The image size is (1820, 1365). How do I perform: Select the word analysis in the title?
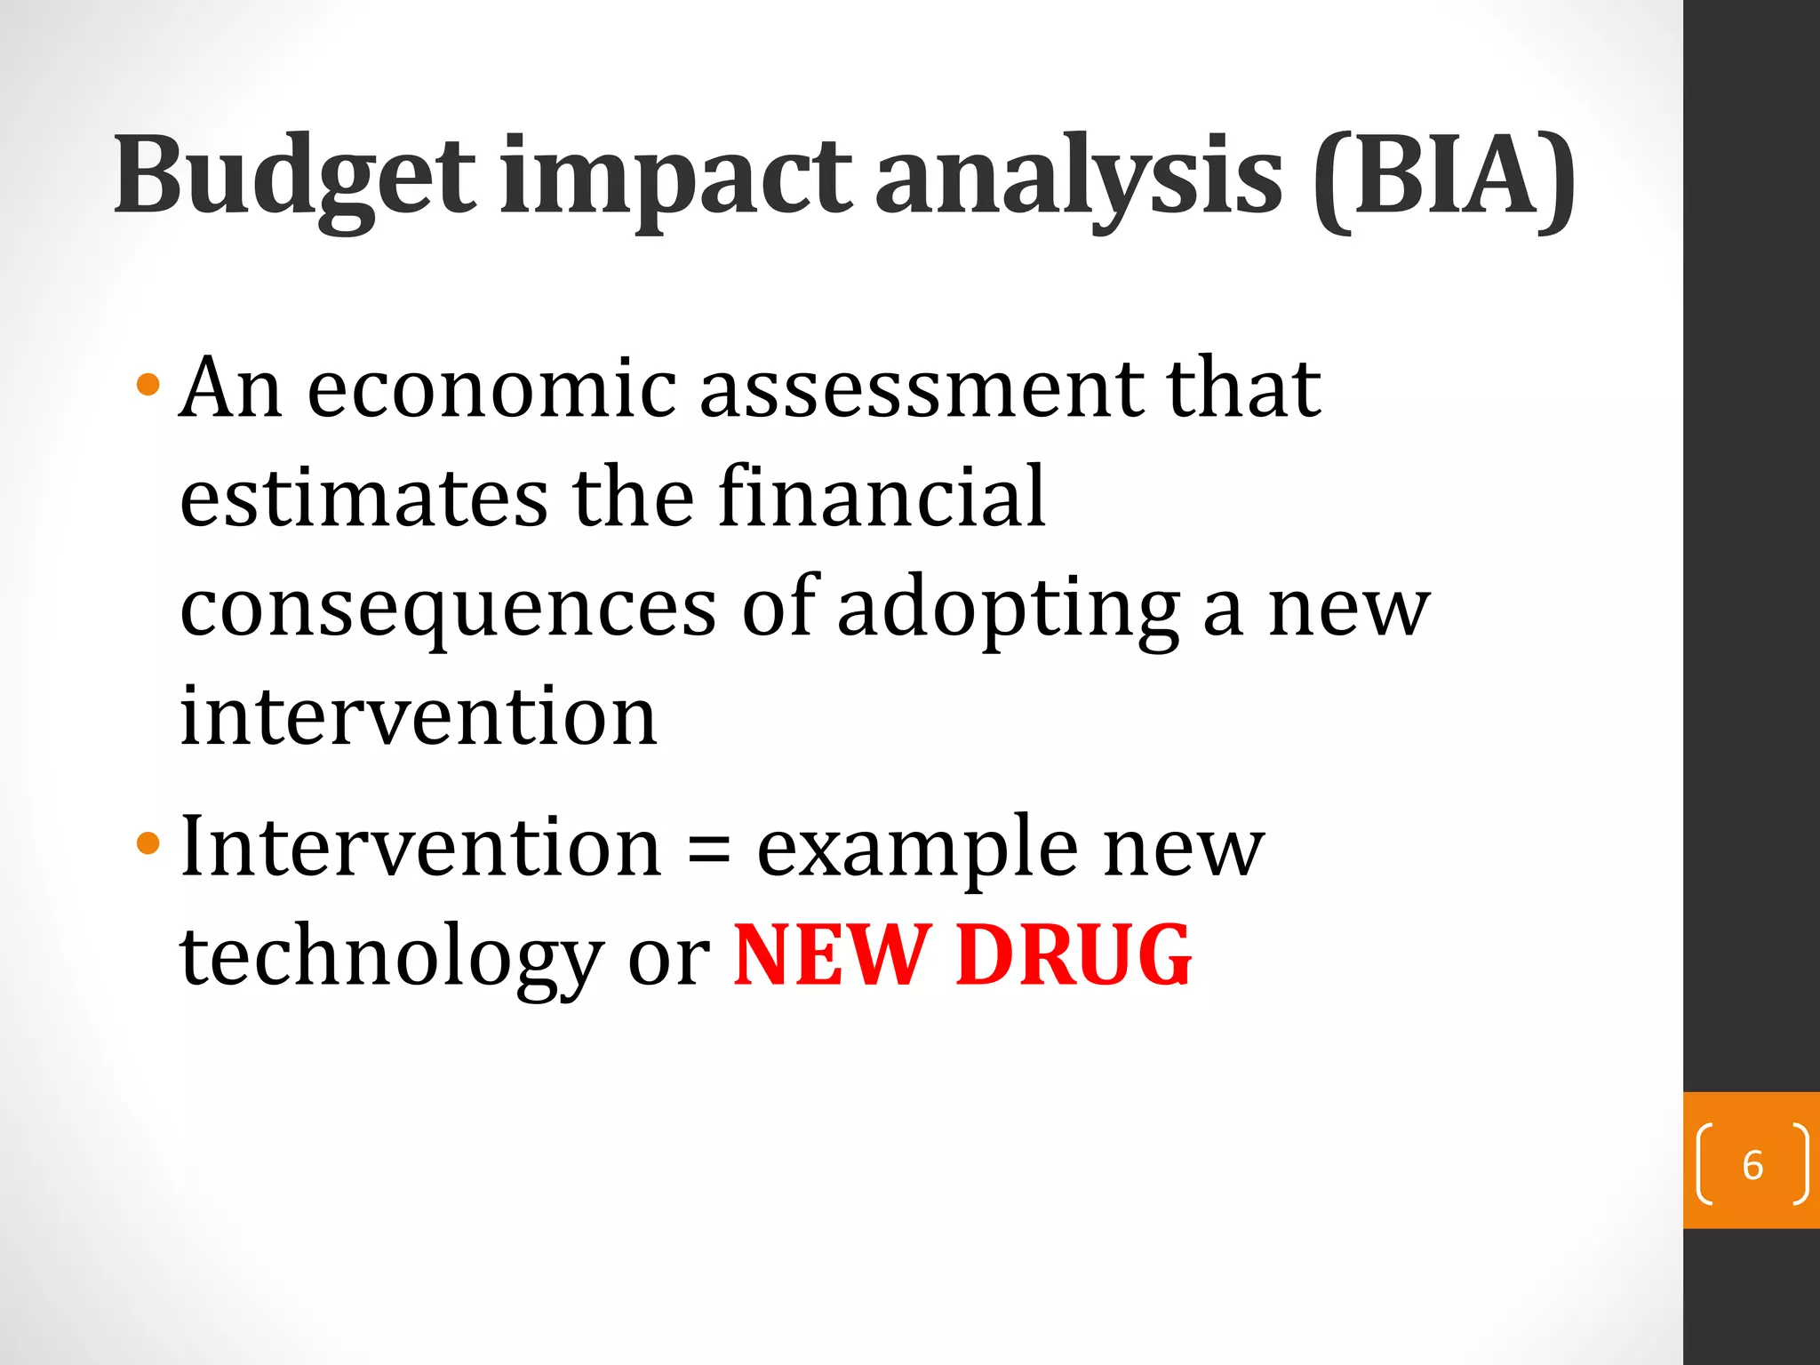click(1079, 178)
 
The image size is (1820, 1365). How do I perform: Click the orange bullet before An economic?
click(148, 386)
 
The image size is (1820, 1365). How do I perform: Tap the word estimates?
click(363, 498)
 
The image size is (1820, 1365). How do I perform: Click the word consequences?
click(448, 610)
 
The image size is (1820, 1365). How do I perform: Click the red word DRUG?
click(1073, 956)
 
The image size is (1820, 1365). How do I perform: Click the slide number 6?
click(1752, 1165)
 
